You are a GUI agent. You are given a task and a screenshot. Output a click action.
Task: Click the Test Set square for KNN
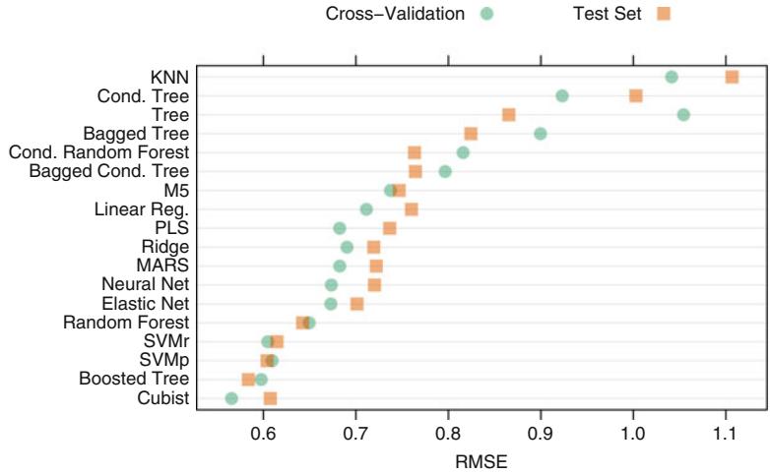[x=732, y=77]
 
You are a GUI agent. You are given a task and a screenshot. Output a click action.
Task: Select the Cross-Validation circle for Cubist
[x=231, y=398]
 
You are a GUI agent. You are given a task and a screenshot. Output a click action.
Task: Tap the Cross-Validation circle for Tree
[x=683, y=115]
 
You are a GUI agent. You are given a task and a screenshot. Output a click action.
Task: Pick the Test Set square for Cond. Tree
[x=636, y=95]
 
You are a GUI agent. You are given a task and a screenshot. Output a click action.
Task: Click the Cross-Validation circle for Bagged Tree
[x=540, y=134]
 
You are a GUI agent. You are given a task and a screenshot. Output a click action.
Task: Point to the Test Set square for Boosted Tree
[x=248, y=380]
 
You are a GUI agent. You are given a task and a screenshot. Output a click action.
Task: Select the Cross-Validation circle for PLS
[x=340, y=228]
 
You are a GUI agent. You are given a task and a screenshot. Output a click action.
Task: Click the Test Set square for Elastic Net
[x=357, y=304]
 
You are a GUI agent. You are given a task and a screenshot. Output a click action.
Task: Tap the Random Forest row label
[x=126, y=323]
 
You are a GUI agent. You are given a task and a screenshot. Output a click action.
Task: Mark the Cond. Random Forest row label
[x=97, y=152]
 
